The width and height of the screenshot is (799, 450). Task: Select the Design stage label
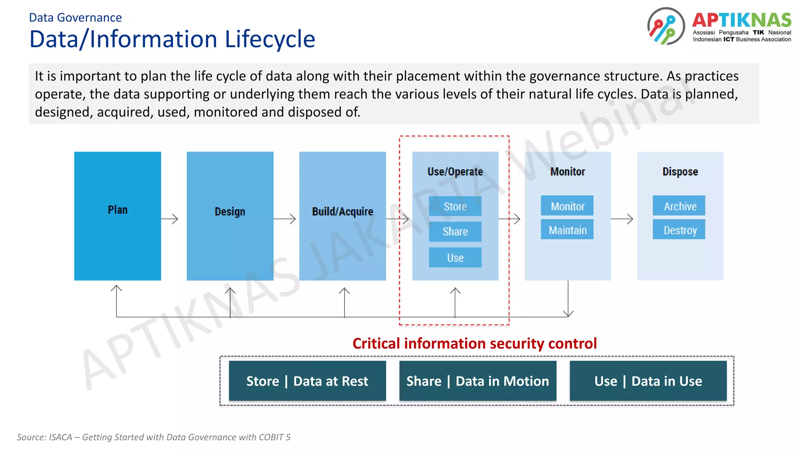point(230,211)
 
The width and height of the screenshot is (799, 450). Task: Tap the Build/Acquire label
point(343,211)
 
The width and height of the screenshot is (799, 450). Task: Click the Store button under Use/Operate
point(455,206)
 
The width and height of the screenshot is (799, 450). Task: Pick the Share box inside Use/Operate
point(455,232)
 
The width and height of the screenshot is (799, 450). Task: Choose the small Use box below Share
point(455,257)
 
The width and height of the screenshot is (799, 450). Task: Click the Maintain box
point(567,230)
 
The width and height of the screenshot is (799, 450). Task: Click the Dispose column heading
point(680,171)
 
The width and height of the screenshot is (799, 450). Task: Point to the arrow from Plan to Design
point(170,219)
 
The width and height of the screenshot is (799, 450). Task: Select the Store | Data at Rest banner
point(307,381)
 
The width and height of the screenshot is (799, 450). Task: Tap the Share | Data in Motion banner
point(478,381)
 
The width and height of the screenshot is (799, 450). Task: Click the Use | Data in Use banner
point(648,381)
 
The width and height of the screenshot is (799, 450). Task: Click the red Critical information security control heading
point(474,343)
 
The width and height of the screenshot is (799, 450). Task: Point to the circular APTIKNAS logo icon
point(666,26)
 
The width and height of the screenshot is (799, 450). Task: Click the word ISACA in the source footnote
point(60,437)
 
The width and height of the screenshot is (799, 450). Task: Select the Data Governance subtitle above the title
point(75,18)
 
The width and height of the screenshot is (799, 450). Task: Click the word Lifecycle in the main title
point(270,39)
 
